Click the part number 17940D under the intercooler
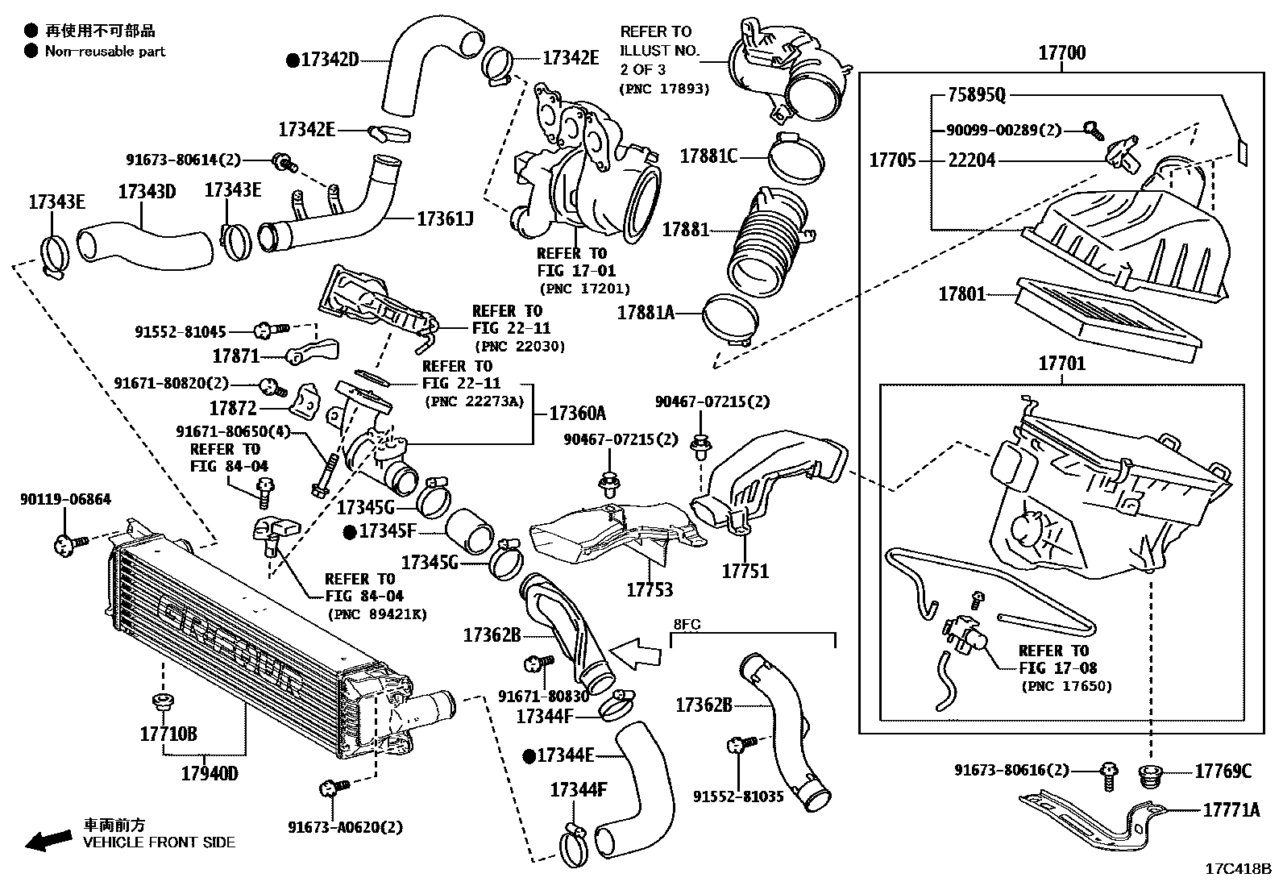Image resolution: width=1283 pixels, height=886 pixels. pos(210,774)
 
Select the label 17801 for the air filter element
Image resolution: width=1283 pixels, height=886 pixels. pos(961,294)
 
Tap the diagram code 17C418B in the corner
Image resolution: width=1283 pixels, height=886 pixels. pos(1238,869)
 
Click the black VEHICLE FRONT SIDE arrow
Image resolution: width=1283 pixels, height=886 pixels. pos(47,842)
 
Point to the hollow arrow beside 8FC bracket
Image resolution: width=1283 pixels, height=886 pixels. pos(635,650)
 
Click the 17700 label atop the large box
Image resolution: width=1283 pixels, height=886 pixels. pos(1061,53)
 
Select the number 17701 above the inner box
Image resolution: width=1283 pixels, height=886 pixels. pos(1061,364)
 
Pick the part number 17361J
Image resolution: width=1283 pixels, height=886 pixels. pos(445,218)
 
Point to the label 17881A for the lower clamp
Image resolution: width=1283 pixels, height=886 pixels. pos(646,312)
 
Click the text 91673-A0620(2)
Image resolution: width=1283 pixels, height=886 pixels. pos(346,827)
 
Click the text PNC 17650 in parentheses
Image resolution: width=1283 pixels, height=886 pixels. pos(1066,687)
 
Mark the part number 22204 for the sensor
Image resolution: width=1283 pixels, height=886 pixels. pos(971,160)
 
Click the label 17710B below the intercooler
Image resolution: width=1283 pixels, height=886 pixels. pos(168,734)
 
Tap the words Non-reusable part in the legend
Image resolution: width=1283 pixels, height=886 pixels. pos(105,52)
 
